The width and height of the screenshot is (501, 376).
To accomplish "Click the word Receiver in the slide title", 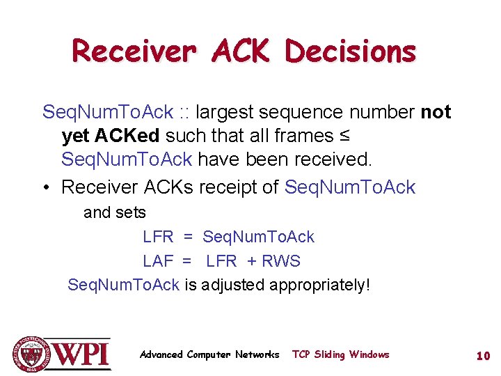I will point(133,52).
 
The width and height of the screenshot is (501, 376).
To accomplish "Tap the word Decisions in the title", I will point(351,52).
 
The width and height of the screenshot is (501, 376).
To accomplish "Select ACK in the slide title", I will point(241,52).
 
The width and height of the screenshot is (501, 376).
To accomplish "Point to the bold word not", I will point(436,112).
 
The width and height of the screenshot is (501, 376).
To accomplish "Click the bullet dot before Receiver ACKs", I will point(47,187).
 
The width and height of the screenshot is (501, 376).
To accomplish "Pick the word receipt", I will point(246,187).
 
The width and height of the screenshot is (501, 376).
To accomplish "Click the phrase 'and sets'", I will point(115,212).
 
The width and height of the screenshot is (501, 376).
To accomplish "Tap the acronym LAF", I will point(158,261).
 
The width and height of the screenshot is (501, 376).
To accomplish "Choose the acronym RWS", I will point(281,261).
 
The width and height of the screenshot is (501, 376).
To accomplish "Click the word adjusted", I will point(232,285).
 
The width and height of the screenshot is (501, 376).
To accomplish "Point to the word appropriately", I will point(319,285).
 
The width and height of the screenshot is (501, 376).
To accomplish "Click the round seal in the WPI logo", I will point(31,353).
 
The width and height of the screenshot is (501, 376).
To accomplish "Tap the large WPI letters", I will point(81,354).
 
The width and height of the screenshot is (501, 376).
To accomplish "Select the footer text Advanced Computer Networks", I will point(209,354).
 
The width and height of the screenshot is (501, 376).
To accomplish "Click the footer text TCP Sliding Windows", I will point(340,354).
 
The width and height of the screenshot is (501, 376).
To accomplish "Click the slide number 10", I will point(483,356).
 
